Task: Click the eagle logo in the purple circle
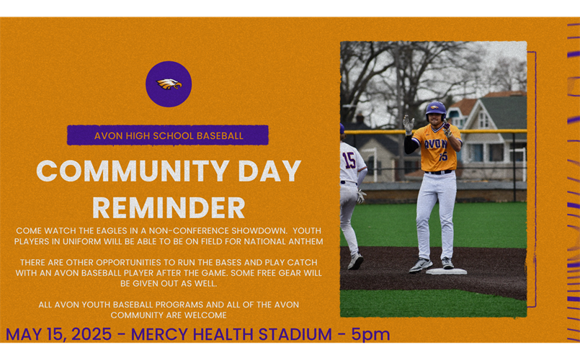pos(169,84)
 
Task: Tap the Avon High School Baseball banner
pos(168,135)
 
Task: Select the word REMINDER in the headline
pos(169,207)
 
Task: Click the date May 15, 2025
pos(59,334)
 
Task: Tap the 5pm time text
pos(370,335)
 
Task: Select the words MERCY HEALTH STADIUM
pos(231,334)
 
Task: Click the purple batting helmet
pos(436,109)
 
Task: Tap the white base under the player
pos(446,271)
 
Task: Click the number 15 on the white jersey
pos(349,161)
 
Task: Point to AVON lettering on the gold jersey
pos(435,143)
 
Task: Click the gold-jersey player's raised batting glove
pos(409,124)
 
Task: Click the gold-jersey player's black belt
pos(438,172)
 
